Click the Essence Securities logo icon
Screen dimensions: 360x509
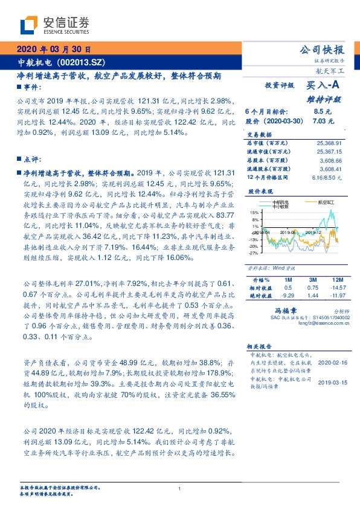coord(30,25)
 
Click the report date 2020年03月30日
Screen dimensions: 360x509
coord(54,50)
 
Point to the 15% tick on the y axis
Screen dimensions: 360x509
coord(255,213)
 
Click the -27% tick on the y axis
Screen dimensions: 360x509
coord(254,253)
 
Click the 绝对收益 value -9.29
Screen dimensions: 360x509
coord(288,294)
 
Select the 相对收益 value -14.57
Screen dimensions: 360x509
coord(336,287)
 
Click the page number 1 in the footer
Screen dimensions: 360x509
coord(179,488)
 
